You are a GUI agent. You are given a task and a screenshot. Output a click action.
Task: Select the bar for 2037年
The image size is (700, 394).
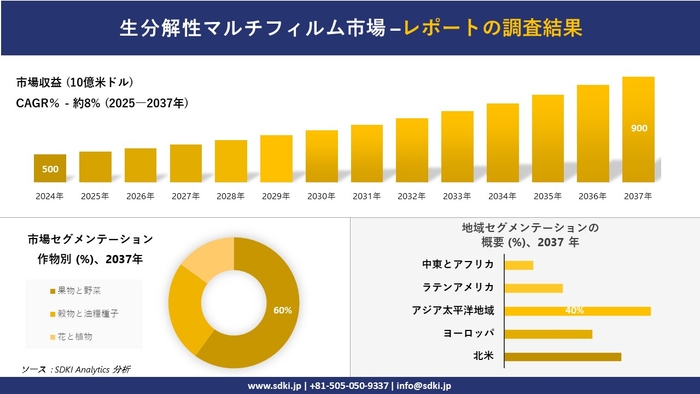(638, 129)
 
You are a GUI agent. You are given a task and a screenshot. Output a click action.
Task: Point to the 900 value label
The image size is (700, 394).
(638, 128)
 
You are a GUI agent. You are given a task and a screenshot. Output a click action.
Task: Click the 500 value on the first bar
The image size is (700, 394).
(50, 169)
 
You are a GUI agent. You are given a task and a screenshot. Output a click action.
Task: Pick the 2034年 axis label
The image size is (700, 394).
(502, 196)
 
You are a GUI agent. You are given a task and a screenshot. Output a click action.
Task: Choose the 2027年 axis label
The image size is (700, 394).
(186, 196)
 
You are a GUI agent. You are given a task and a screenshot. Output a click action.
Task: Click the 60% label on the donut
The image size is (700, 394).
(282, 310)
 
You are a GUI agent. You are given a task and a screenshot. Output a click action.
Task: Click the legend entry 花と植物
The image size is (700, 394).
(75, 336)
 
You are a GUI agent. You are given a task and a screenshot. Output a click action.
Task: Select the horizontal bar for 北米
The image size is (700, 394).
(563, 356)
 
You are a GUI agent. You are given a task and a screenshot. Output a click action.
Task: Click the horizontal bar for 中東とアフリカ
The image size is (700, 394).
(519, 265)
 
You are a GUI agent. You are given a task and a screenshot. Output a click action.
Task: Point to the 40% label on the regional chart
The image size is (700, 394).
(574, 311)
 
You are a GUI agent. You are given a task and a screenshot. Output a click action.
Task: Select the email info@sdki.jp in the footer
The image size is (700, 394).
(424, 385)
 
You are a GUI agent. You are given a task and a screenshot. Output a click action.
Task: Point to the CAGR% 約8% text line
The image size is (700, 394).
(102, 102)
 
